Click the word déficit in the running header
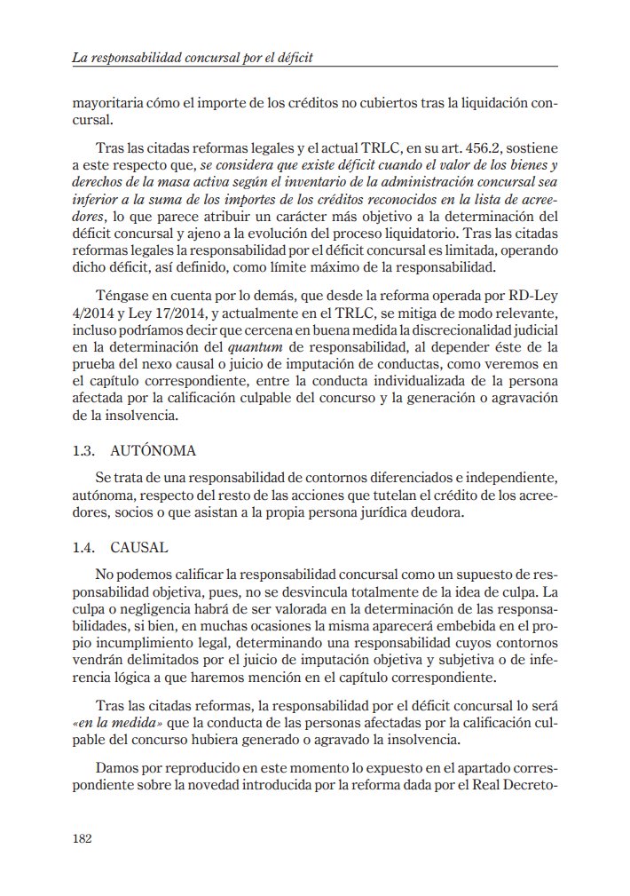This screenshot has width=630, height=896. (x=295, y=57)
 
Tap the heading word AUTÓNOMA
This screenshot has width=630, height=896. (x=153, y=452)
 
